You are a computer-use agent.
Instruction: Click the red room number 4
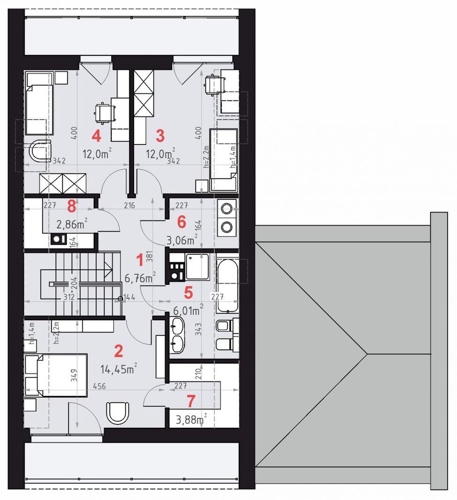coord(96,136)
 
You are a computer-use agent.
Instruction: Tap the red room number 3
coord(160,136)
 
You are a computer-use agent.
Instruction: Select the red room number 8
coord(71,205)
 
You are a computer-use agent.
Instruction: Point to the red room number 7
coord(190,401)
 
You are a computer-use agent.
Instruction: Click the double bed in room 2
coord(56,375)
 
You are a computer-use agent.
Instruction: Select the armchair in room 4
coord(38,152)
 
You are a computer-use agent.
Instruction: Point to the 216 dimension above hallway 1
coord(129,205)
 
